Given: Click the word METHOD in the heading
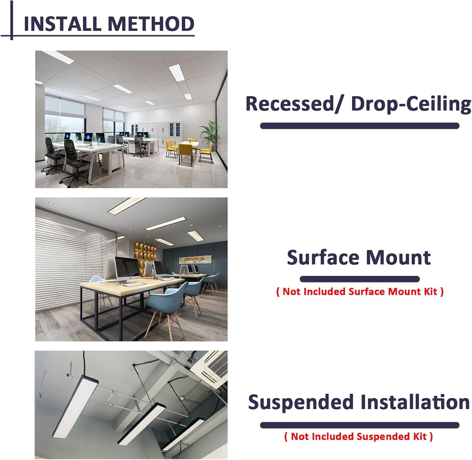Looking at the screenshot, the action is pos(151,24).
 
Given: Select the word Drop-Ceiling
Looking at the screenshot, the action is pos(411,104).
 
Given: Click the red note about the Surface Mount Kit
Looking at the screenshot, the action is pos(360,292).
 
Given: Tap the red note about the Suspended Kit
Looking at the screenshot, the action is pos(358,436).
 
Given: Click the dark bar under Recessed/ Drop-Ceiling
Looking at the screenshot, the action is pos(360,126).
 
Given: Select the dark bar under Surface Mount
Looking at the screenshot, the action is pos(360,279).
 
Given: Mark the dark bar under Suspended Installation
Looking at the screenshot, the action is pos(360,425).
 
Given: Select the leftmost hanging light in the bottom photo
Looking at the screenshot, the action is pos(76,406).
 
